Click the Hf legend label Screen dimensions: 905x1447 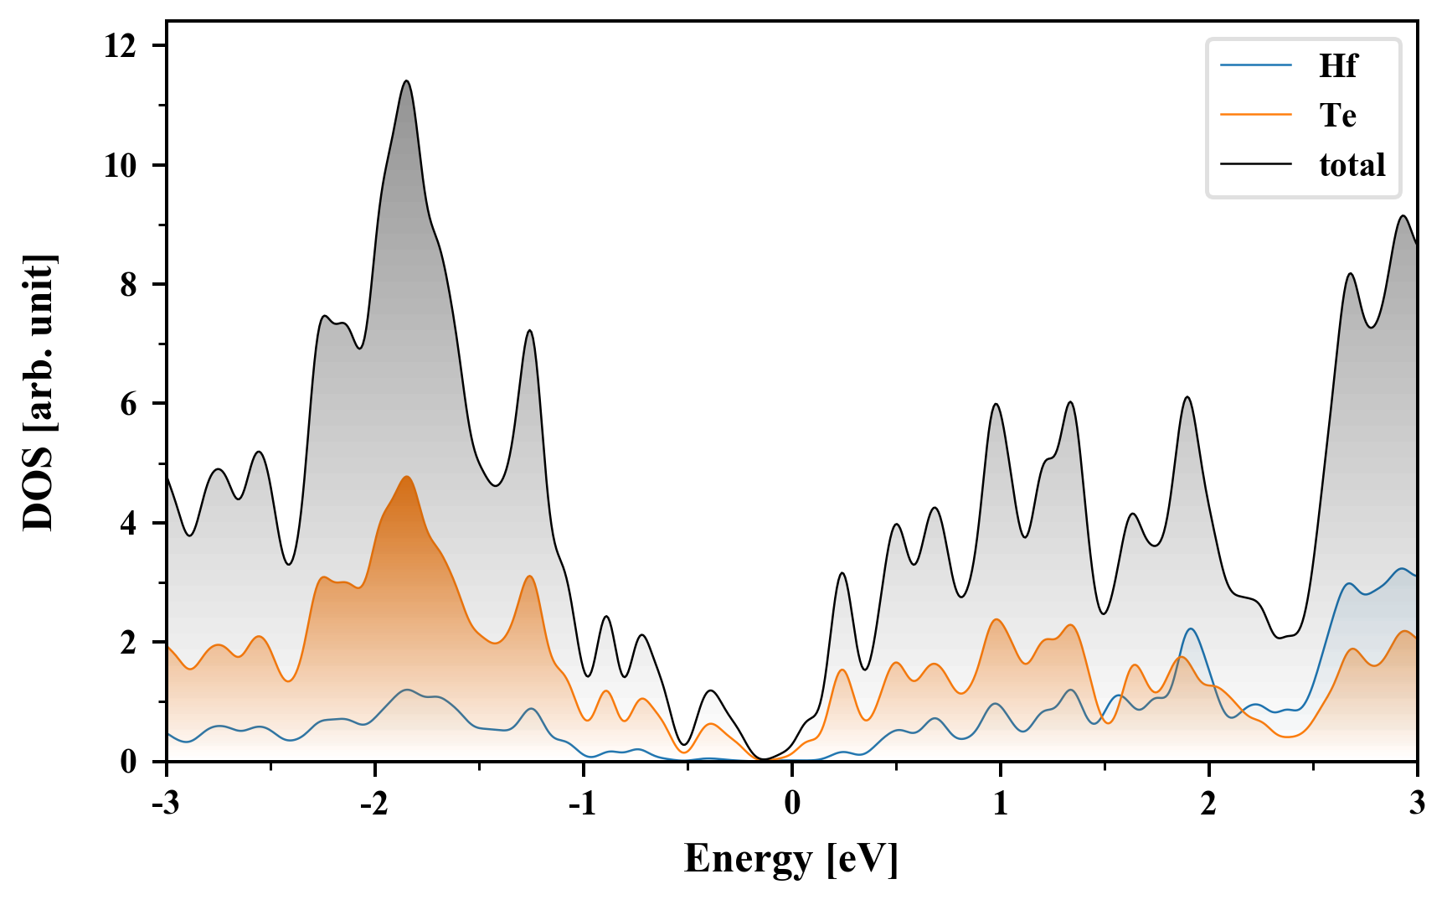(1337, 66)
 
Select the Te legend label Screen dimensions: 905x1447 (1337, 116)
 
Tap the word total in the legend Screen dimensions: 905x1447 (1352, 165)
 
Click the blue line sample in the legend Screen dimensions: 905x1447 (1256, 66)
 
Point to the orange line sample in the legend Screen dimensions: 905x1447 (1256, 116)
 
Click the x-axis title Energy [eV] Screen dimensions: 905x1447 (791, 859)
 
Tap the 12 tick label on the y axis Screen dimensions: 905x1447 (119, 46)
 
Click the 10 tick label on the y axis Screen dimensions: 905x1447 (119, 166)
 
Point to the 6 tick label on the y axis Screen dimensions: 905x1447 (128, 404)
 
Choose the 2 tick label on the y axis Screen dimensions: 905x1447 (128, 643)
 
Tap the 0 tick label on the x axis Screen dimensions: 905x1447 (792, 804)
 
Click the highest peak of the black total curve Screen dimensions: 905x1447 (407, 81)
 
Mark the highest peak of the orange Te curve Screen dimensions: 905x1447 (407, 477)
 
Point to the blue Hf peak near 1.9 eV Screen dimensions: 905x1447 (1189, 628)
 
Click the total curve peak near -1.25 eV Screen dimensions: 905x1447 (529, 331)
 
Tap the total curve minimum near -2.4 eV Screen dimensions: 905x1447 (289, 564)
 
